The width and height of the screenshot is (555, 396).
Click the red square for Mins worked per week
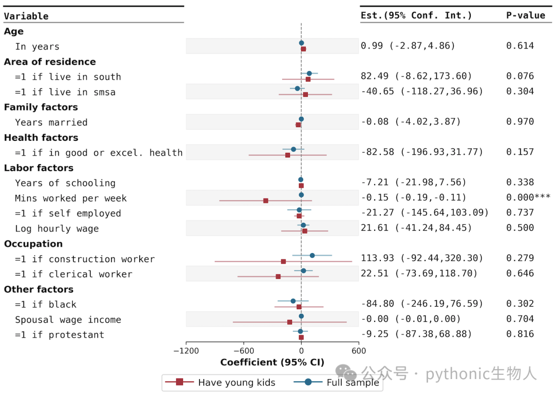[266, 201]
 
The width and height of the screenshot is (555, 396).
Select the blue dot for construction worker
[312, 256]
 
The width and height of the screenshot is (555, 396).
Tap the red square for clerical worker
[278, 277]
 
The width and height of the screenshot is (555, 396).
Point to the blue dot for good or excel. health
[293, 150]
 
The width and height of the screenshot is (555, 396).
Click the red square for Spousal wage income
[290, 322]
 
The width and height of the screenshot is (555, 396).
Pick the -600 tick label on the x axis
[244, 351]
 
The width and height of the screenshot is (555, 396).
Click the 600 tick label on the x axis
[359, 351]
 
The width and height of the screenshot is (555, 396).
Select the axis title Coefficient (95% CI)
[272, 363]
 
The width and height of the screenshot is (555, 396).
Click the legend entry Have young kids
[220, 383]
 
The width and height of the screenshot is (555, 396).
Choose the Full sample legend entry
[336, 383]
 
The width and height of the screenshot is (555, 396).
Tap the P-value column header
[526, 15]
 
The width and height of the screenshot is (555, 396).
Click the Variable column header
[26, 16]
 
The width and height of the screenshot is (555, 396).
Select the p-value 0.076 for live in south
[520, 76]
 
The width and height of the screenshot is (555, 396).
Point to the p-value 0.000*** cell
[528, 197]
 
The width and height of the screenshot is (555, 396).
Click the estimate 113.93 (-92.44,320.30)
[422, 258]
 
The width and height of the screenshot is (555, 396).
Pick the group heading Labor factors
[39, 168]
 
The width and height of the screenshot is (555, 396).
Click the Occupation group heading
[33, 244]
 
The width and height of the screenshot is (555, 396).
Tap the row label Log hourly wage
[57, 229]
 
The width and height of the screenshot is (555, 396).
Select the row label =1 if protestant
[60, 335]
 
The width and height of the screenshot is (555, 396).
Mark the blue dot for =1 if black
[293, 301]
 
